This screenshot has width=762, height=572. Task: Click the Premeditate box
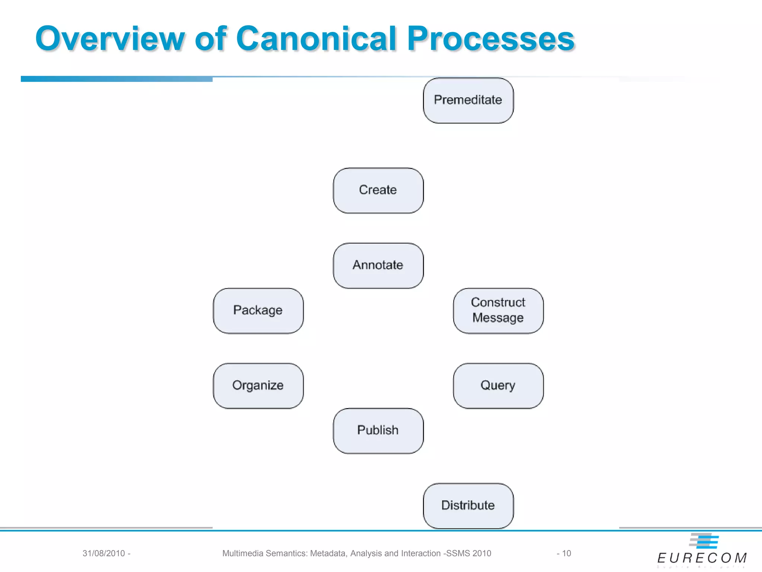click(x=468, y=100)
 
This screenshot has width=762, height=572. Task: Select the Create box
click(x=378, y=190)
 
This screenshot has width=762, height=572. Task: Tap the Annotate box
click(x=378, y=266)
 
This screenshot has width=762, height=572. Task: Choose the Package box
click(x=258, y=311)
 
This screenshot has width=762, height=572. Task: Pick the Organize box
click(x=258, y=386)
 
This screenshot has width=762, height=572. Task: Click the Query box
click(x=498, y=386)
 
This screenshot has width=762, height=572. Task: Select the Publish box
click(x=378, y=430)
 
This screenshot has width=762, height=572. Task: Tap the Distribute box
click(x=468, y=506)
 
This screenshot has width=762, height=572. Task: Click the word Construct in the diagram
click(x=498, y=302)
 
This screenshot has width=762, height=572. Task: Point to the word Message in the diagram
click(x=498, y=318)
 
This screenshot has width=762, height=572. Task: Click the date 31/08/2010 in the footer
click(x=103, y=553)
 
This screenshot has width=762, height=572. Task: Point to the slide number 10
click(x=566, y=553)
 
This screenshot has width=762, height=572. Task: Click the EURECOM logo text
click(x=702, y=558)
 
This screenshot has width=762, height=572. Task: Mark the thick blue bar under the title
click(x=116, y=79)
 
